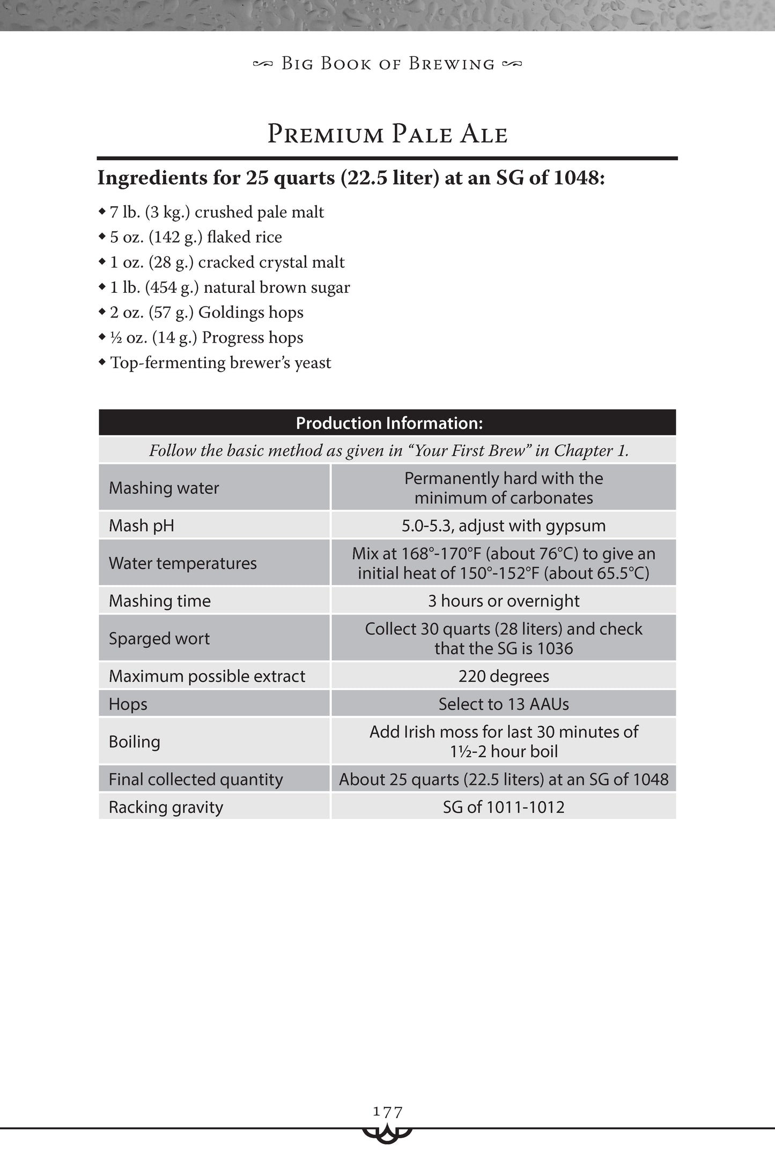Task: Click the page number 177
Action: [387, 1112]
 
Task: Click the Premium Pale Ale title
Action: [387, 134]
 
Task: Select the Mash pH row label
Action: [142, 526]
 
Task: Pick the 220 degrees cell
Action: [503, 676]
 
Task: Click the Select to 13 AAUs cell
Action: [503, 704]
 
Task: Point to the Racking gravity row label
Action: [166, 807]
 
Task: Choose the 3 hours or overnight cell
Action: [503, 601]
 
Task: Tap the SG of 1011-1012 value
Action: [503, 807]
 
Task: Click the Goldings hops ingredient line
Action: [206, 313]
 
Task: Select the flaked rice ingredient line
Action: [196, 237]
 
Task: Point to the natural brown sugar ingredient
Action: [230, 287]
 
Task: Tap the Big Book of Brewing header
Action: [387, 64]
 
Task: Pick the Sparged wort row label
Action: [159, 639]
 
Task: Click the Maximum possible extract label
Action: [206, 676]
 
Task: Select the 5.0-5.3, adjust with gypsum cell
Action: [503, 526]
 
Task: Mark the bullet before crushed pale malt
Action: [102, 212]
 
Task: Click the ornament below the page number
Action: [387, 1131]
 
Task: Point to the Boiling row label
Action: [134, 742]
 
